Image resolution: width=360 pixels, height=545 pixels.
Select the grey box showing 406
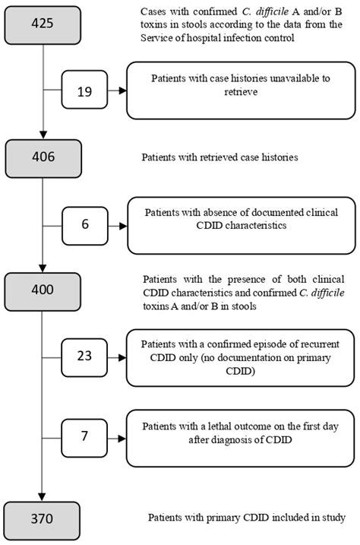[x=43, y=157]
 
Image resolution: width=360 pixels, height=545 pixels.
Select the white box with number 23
[x=85, y=357]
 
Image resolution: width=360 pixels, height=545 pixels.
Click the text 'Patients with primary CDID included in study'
[x=247, y=518]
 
